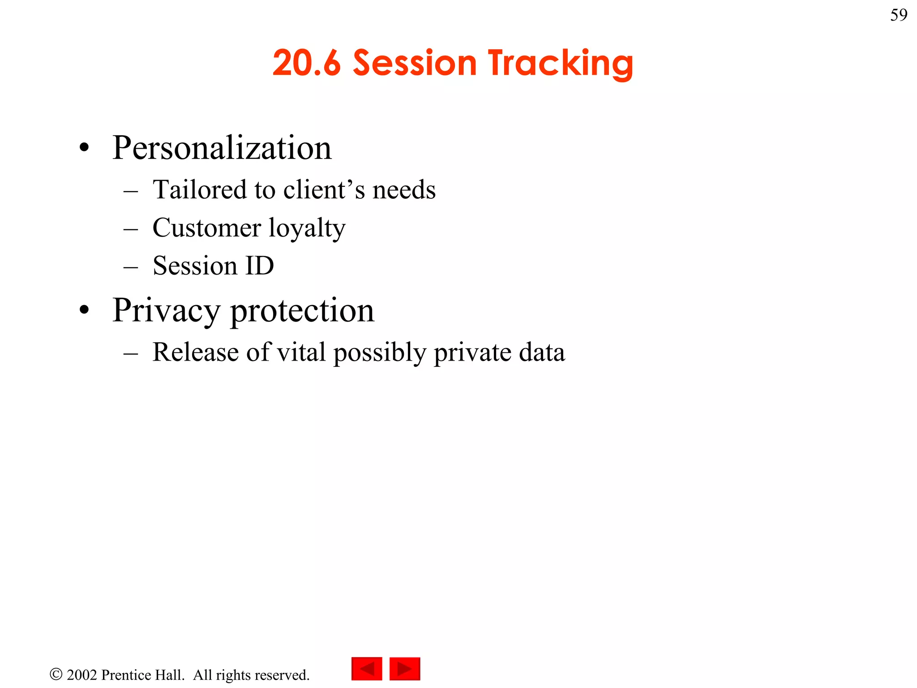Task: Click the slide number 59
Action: coord(899,15)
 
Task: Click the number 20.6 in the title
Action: coord(307,63)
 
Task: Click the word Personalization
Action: coord(222,148)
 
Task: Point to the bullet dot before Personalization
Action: coord(84,148)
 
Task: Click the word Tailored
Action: coord(199,189)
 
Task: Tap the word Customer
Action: coord(206,228)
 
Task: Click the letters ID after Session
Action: coord(259,266)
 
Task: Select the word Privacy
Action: coord(166,311)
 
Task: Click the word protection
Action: coord(302,311)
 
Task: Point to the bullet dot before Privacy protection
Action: coord(84,310)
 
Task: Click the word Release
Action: coord(195,352)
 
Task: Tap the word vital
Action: coord(301,352)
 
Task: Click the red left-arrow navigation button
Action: coord(367,669)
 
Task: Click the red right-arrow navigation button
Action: coord(405,669)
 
